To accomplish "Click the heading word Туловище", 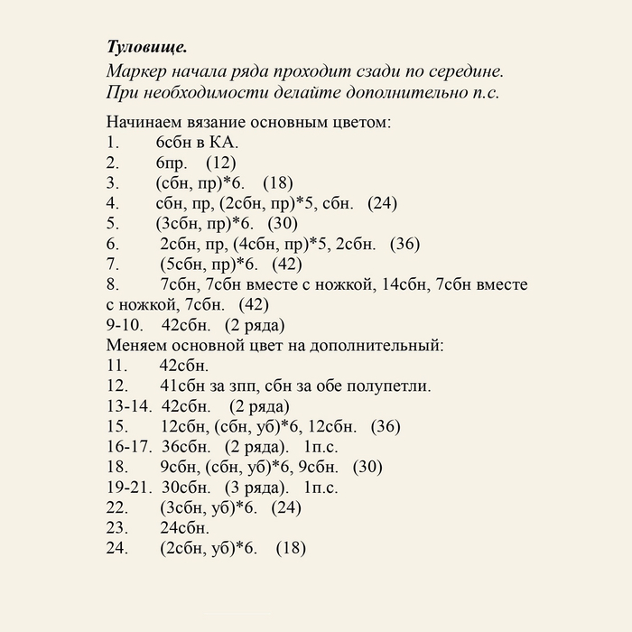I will click(x=147, y=47).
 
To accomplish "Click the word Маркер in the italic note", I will click(x=136, y=71).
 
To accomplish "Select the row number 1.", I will click(x=111, y=143).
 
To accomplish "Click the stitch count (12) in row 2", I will click(x=220, y=163).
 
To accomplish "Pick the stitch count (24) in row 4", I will click(x=382, y=203).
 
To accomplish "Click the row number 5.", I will click(x=111, y=224).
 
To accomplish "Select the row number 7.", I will click(x=111, y=265).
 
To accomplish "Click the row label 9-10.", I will click(x=125, y=325).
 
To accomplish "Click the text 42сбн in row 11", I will click(x=184, y=366).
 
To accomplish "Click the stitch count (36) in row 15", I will click(x=386, y=426).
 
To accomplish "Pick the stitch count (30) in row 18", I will click(x=367, y=467).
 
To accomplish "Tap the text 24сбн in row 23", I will click(x=184, y=528).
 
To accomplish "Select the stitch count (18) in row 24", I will click(x=291, y=548).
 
